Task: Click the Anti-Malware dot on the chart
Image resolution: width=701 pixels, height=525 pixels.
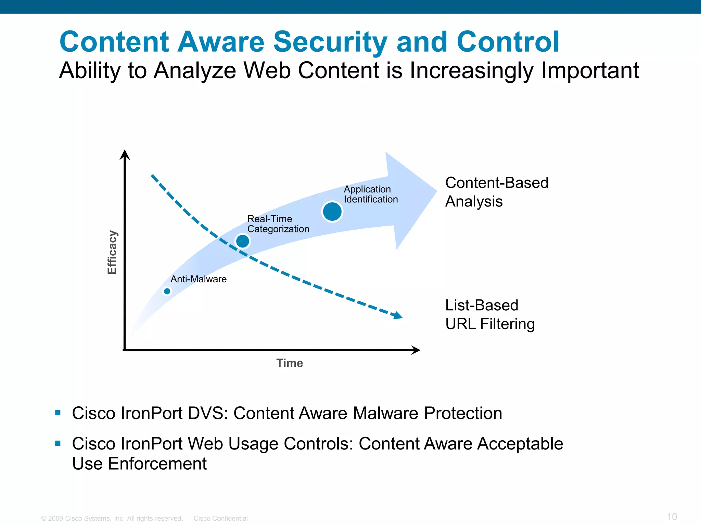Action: click(167, 291)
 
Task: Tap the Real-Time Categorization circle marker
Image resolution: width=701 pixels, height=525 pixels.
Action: click(243, 241)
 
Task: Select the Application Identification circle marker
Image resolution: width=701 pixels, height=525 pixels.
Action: click(332, 212)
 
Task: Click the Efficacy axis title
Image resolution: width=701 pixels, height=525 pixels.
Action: click(112, 252)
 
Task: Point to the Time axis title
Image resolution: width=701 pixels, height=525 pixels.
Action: click(290, 363)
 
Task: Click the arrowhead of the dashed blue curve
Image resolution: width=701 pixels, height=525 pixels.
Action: click(398, 315)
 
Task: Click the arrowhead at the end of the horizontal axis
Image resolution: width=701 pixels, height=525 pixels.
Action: click(416, 350)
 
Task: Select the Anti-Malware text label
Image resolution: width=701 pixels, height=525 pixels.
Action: click(199, 279)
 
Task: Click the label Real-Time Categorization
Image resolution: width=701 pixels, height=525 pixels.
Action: click(278, 224)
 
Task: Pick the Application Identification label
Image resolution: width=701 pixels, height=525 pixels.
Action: click(370, 194)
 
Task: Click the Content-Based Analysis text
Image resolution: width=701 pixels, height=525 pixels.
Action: click(496, 192)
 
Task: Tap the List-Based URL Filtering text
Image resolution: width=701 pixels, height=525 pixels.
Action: click(489, 314)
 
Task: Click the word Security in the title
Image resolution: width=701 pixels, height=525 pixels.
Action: click(330, 42)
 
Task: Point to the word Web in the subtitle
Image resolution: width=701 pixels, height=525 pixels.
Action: click(267, 70)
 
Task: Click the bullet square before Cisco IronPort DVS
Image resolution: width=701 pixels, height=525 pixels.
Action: click(58, 413)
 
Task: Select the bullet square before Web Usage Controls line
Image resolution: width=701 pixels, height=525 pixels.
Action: click(58, 444)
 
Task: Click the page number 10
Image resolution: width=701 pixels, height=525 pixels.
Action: click(672, 517)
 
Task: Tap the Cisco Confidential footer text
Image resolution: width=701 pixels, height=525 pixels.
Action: click(220, 519)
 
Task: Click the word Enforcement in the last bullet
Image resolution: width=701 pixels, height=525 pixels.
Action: click(157, 464)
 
